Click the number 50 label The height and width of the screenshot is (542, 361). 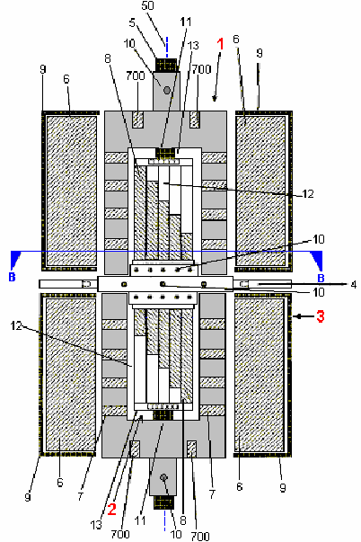[147, 6]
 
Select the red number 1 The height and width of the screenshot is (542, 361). [220, 44]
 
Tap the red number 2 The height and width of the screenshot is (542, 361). [112, 510]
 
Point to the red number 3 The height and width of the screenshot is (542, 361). [321, 315]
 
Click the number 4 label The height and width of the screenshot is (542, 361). [132, 22]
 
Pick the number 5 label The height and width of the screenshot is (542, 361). [12, 277]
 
